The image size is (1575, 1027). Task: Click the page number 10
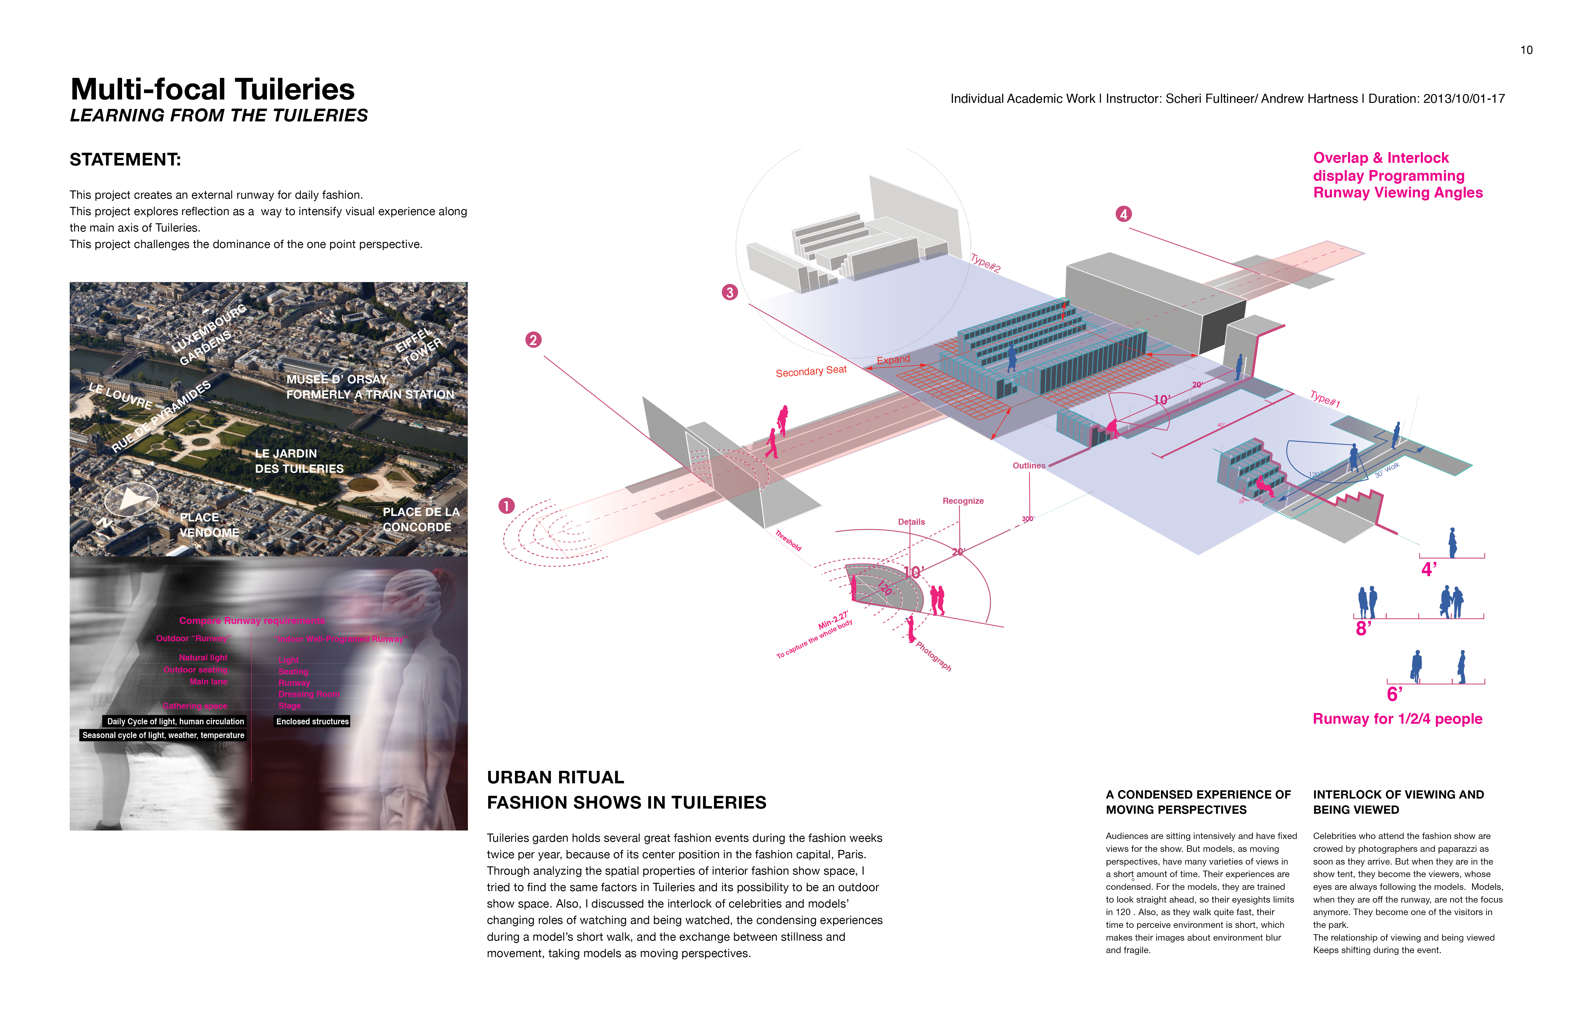tap(1526, 50)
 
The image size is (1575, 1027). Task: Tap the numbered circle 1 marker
tap(506, 506)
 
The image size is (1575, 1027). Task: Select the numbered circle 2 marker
tap(534, 340)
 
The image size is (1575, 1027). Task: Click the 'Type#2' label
tap(985, 263)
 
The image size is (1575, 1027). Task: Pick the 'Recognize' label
tap(963, 501)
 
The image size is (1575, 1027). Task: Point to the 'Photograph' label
tap(933, 656)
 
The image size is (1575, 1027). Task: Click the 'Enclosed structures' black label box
tap(312, 722)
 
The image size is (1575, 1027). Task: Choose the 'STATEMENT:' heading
tap(125, 160)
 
